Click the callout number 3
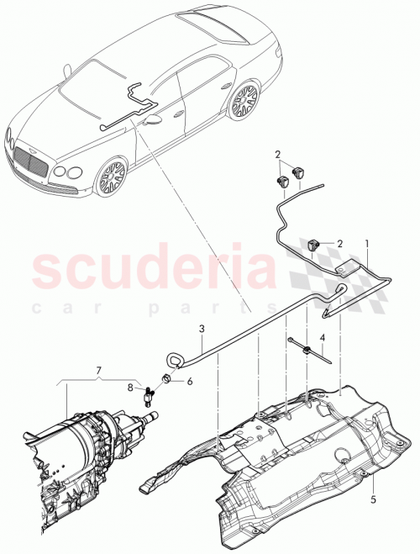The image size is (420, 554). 201,329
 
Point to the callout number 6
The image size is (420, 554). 188,380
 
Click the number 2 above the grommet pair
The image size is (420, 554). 278,154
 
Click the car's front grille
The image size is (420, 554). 29,160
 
